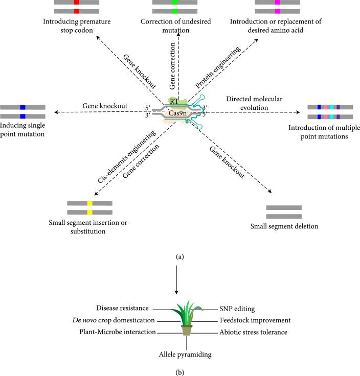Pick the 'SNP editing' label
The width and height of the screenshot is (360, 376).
tap(233, 309)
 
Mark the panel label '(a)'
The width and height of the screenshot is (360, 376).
tap(179, 257)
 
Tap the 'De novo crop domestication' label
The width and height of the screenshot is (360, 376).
tap(118, 320)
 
